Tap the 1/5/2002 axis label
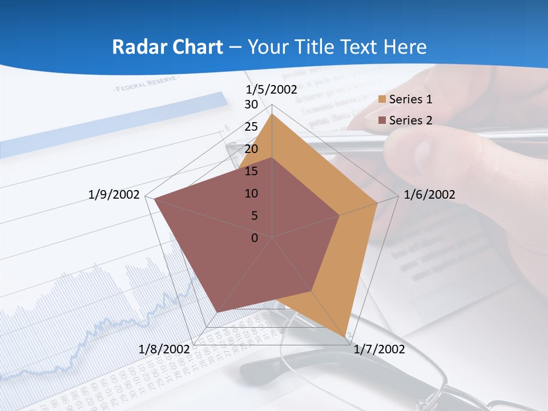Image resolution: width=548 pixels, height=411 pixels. (272, 90)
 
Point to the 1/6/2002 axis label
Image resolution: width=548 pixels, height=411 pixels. (429, 195)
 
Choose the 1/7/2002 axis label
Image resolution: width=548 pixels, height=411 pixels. (379, 349)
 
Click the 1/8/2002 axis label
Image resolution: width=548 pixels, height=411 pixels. (164, 349)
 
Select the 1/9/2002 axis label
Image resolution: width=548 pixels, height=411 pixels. (114, 195)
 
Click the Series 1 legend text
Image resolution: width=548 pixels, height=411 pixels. (410, 99)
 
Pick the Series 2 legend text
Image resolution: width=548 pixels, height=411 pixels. (410, 120)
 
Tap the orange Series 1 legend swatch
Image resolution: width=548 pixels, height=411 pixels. (382, 100)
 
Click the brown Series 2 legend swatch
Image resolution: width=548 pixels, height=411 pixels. (382, 120)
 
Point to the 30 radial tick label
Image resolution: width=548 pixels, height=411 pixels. (251, 104)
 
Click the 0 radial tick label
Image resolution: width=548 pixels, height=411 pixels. (255, 238)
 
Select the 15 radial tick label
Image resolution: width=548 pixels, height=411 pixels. (251, 171)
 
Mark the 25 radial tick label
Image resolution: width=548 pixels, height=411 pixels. (251, 127)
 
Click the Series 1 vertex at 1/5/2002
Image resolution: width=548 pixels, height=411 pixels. (272, 114)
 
